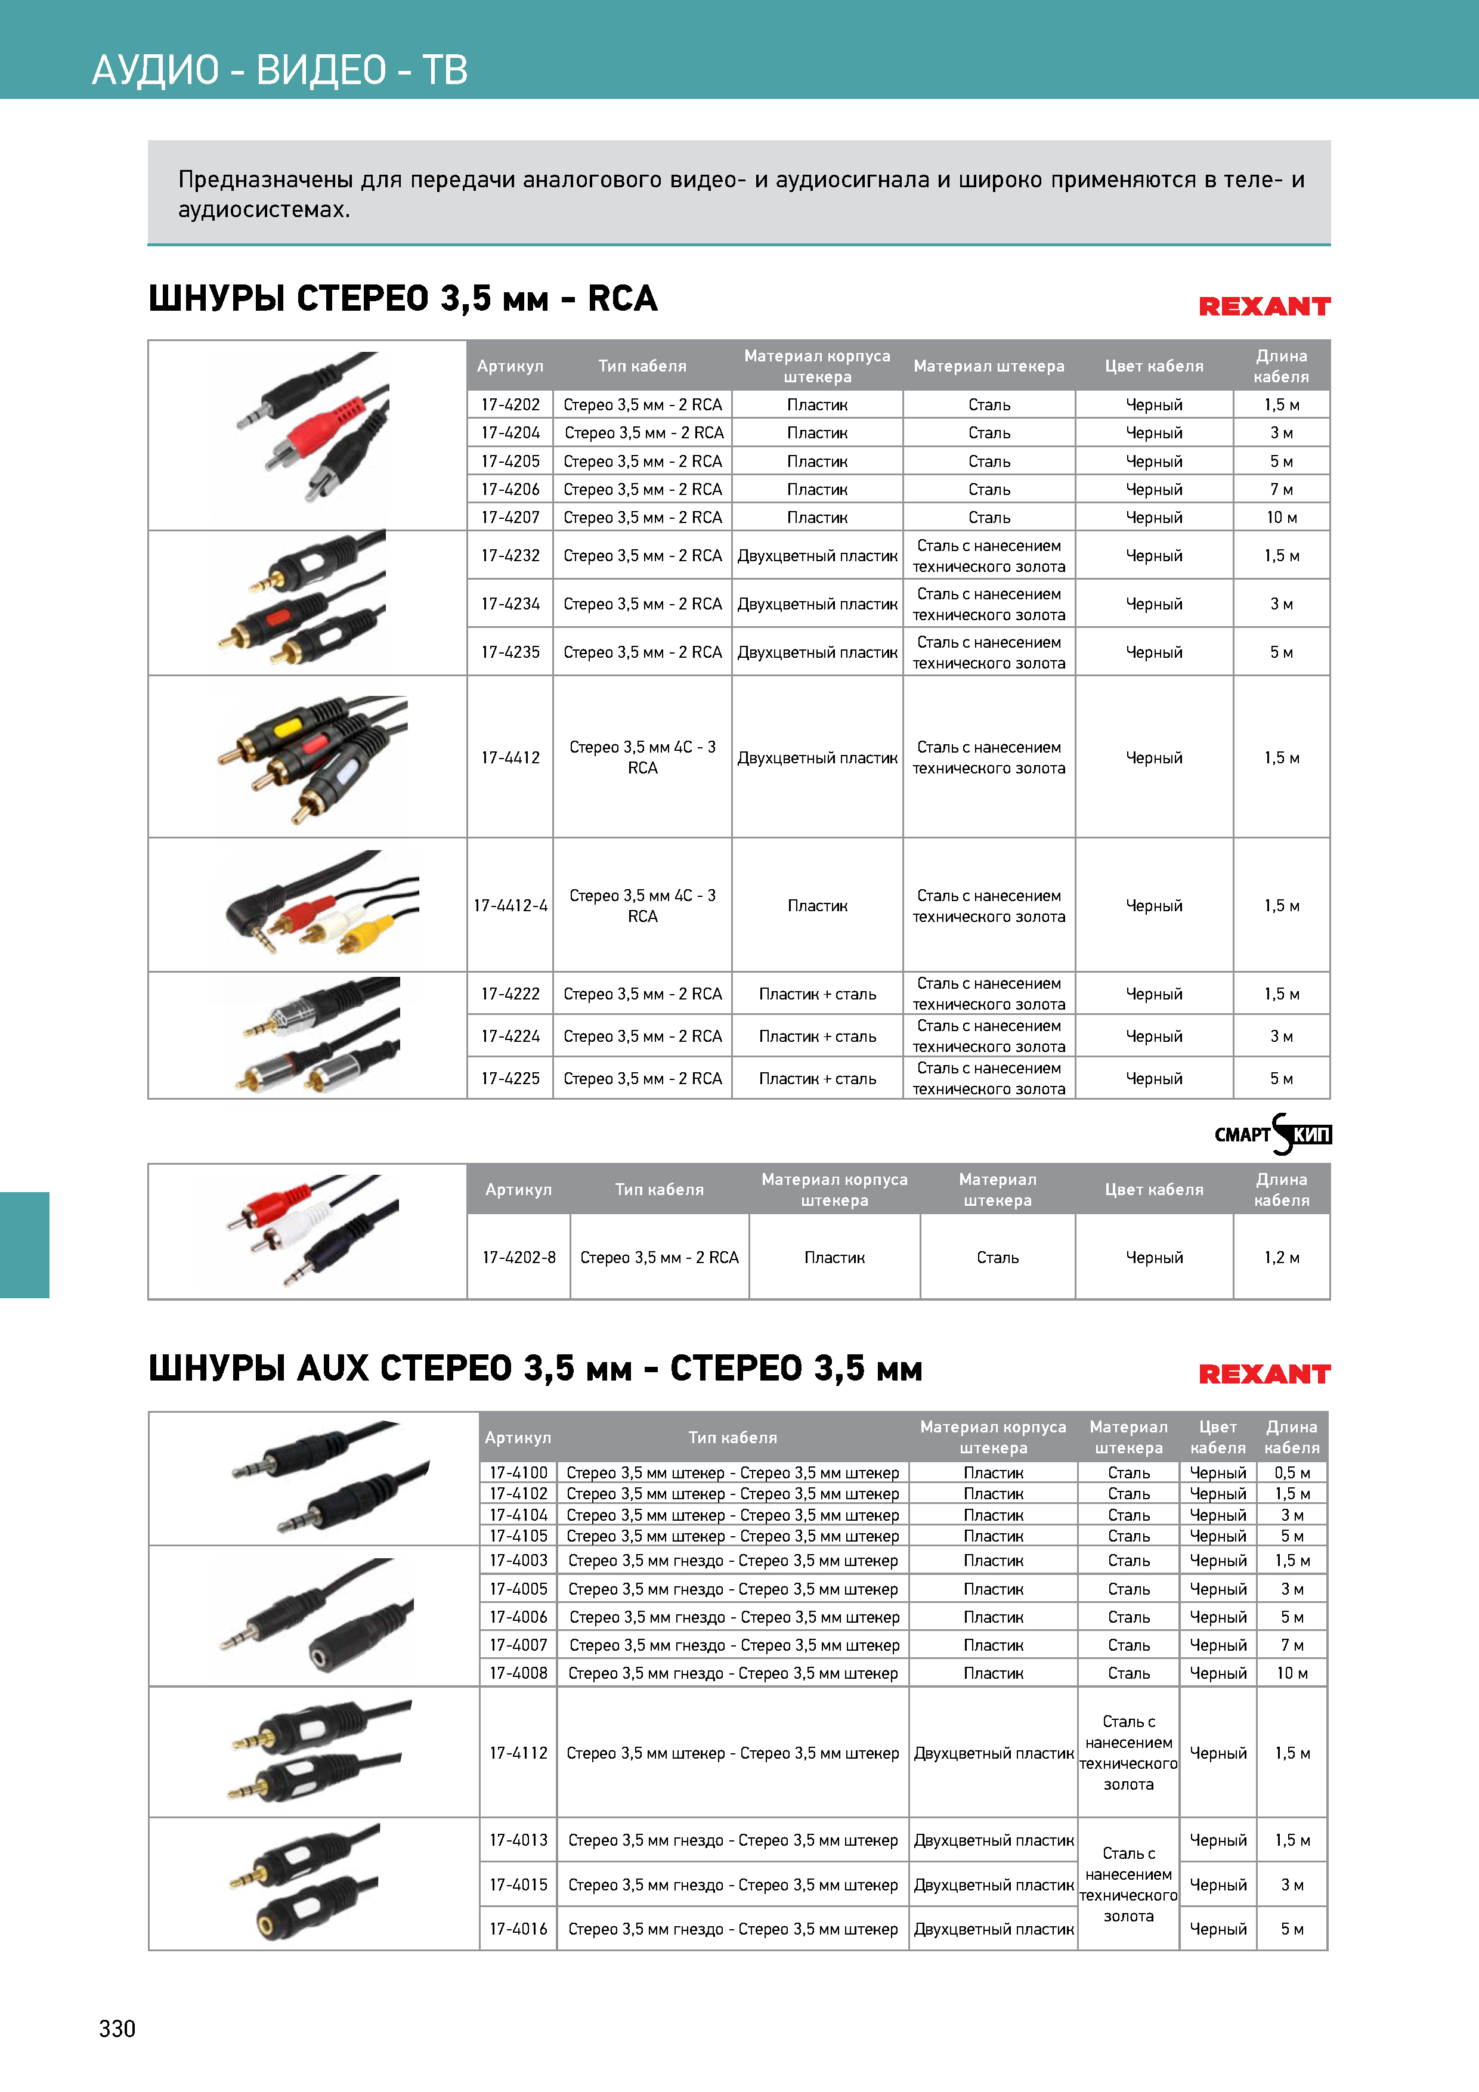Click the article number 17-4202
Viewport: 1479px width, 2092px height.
pyautogui.click(x=510, y=404)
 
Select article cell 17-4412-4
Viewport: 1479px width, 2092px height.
pyautogui.click(x=510, y=906)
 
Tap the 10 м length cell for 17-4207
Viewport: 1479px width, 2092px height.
pyautogui.click(x=1281, y=518)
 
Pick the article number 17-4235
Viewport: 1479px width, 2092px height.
pyautogui.click(x=510, y=652)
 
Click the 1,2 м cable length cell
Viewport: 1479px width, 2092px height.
pyautogui.click(x=1281, y=1257)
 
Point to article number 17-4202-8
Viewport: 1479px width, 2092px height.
pyautogui.click(x=518, y=1257)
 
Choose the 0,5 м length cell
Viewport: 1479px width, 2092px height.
pyautogui.click(x=1291, y=1472)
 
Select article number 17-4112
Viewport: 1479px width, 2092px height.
pyautogui.click(x=518, y=1753)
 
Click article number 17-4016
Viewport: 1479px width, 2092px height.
pyautogui.click(x=518, y=1929)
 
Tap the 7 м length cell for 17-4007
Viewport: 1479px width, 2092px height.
pyautogui.click(x=1291, y=1645)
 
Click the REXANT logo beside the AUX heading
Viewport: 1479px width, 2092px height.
pyautogui.click(x=1264, y=1374)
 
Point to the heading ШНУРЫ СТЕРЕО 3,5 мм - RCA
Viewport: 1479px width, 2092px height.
pyautogui.click(x=403, y=299)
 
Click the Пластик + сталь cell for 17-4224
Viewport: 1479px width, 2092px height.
pyautogui.click(x=818, y=1037)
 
